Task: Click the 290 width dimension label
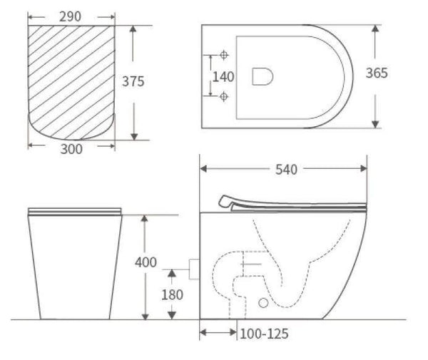coord(71,14)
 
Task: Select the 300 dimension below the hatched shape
coord(71,148)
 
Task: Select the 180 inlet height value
coord(172,294)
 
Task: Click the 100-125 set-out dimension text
coord(264,333)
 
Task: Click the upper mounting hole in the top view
coord(223,55)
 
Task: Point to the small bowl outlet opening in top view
coord(262,76)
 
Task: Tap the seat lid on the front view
coord(75,210)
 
